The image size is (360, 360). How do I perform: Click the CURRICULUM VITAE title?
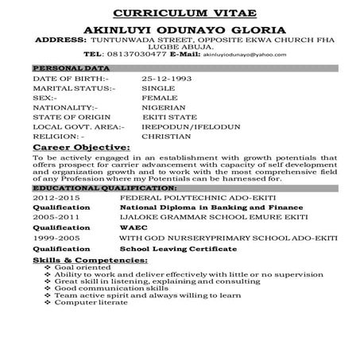click(179, 14)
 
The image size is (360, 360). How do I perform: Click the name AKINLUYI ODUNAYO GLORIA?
click(180, 29)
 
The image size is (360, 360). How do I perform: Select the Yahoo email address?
click(251, 55)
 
